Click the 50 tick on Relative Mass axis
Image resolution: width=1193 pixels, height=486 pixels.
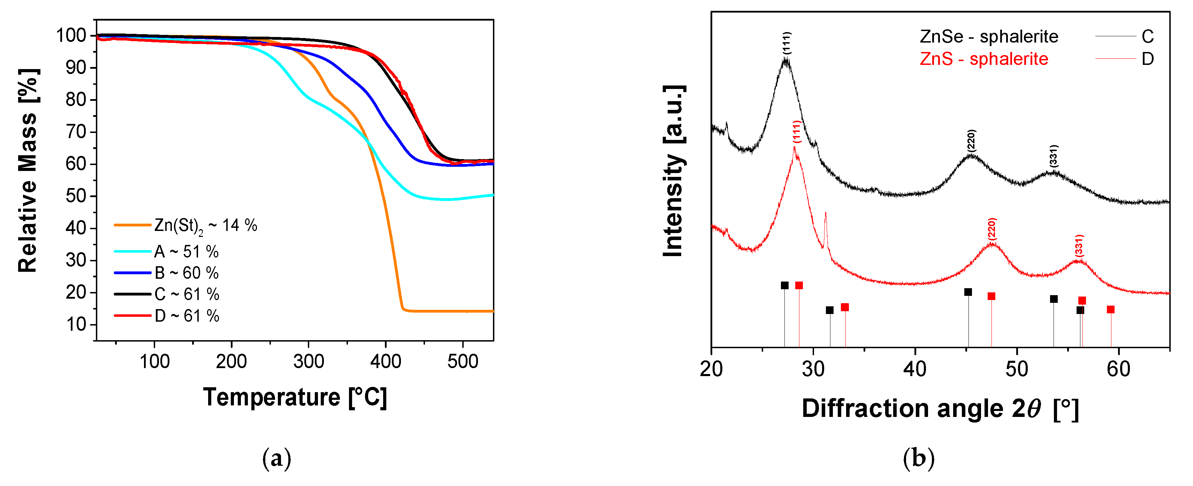coord(76,196)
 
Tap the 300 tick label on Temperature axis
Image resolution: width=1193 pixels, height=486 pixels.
coord(309,361)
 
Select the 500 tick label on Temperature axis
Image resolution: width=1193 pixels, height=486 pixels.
coord(462,361)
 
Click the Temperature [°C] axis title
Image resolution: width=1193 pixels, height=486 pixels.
coord(295,397)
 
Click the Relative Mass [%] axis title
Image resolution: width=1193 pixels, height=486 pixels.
coord(28,171)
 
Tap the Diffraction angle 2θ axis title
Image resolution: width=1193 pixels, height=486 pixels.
coord(940,409)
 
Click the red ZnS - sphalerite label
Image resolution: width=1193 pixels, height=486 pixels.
coord(984,59)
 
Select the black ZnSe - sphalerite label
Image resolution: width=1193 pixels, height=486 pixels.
coord(989,37)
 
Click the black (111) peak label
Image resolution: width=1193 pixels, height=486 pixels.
coord(787,43)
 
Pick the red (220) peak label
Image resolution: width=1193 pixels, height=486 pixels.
coord(991,229)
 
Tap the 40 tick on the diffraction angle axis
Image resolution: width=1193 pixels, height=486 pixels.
coord(915,369)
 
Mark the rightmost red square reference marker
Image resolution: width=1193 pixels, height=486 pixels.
coord(1111,309)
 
